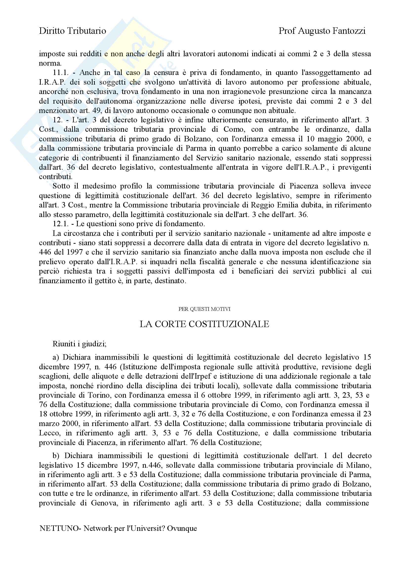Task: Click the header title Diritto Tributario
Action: click(72, 31)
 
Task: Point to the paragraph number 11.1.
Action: click(60, 73)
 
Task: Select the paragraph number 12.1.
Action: click(60, 224)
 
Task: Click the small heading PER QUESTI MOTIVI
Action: click(204, 309)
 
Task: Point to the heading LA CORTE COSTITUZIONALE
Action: click(204, 324)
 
